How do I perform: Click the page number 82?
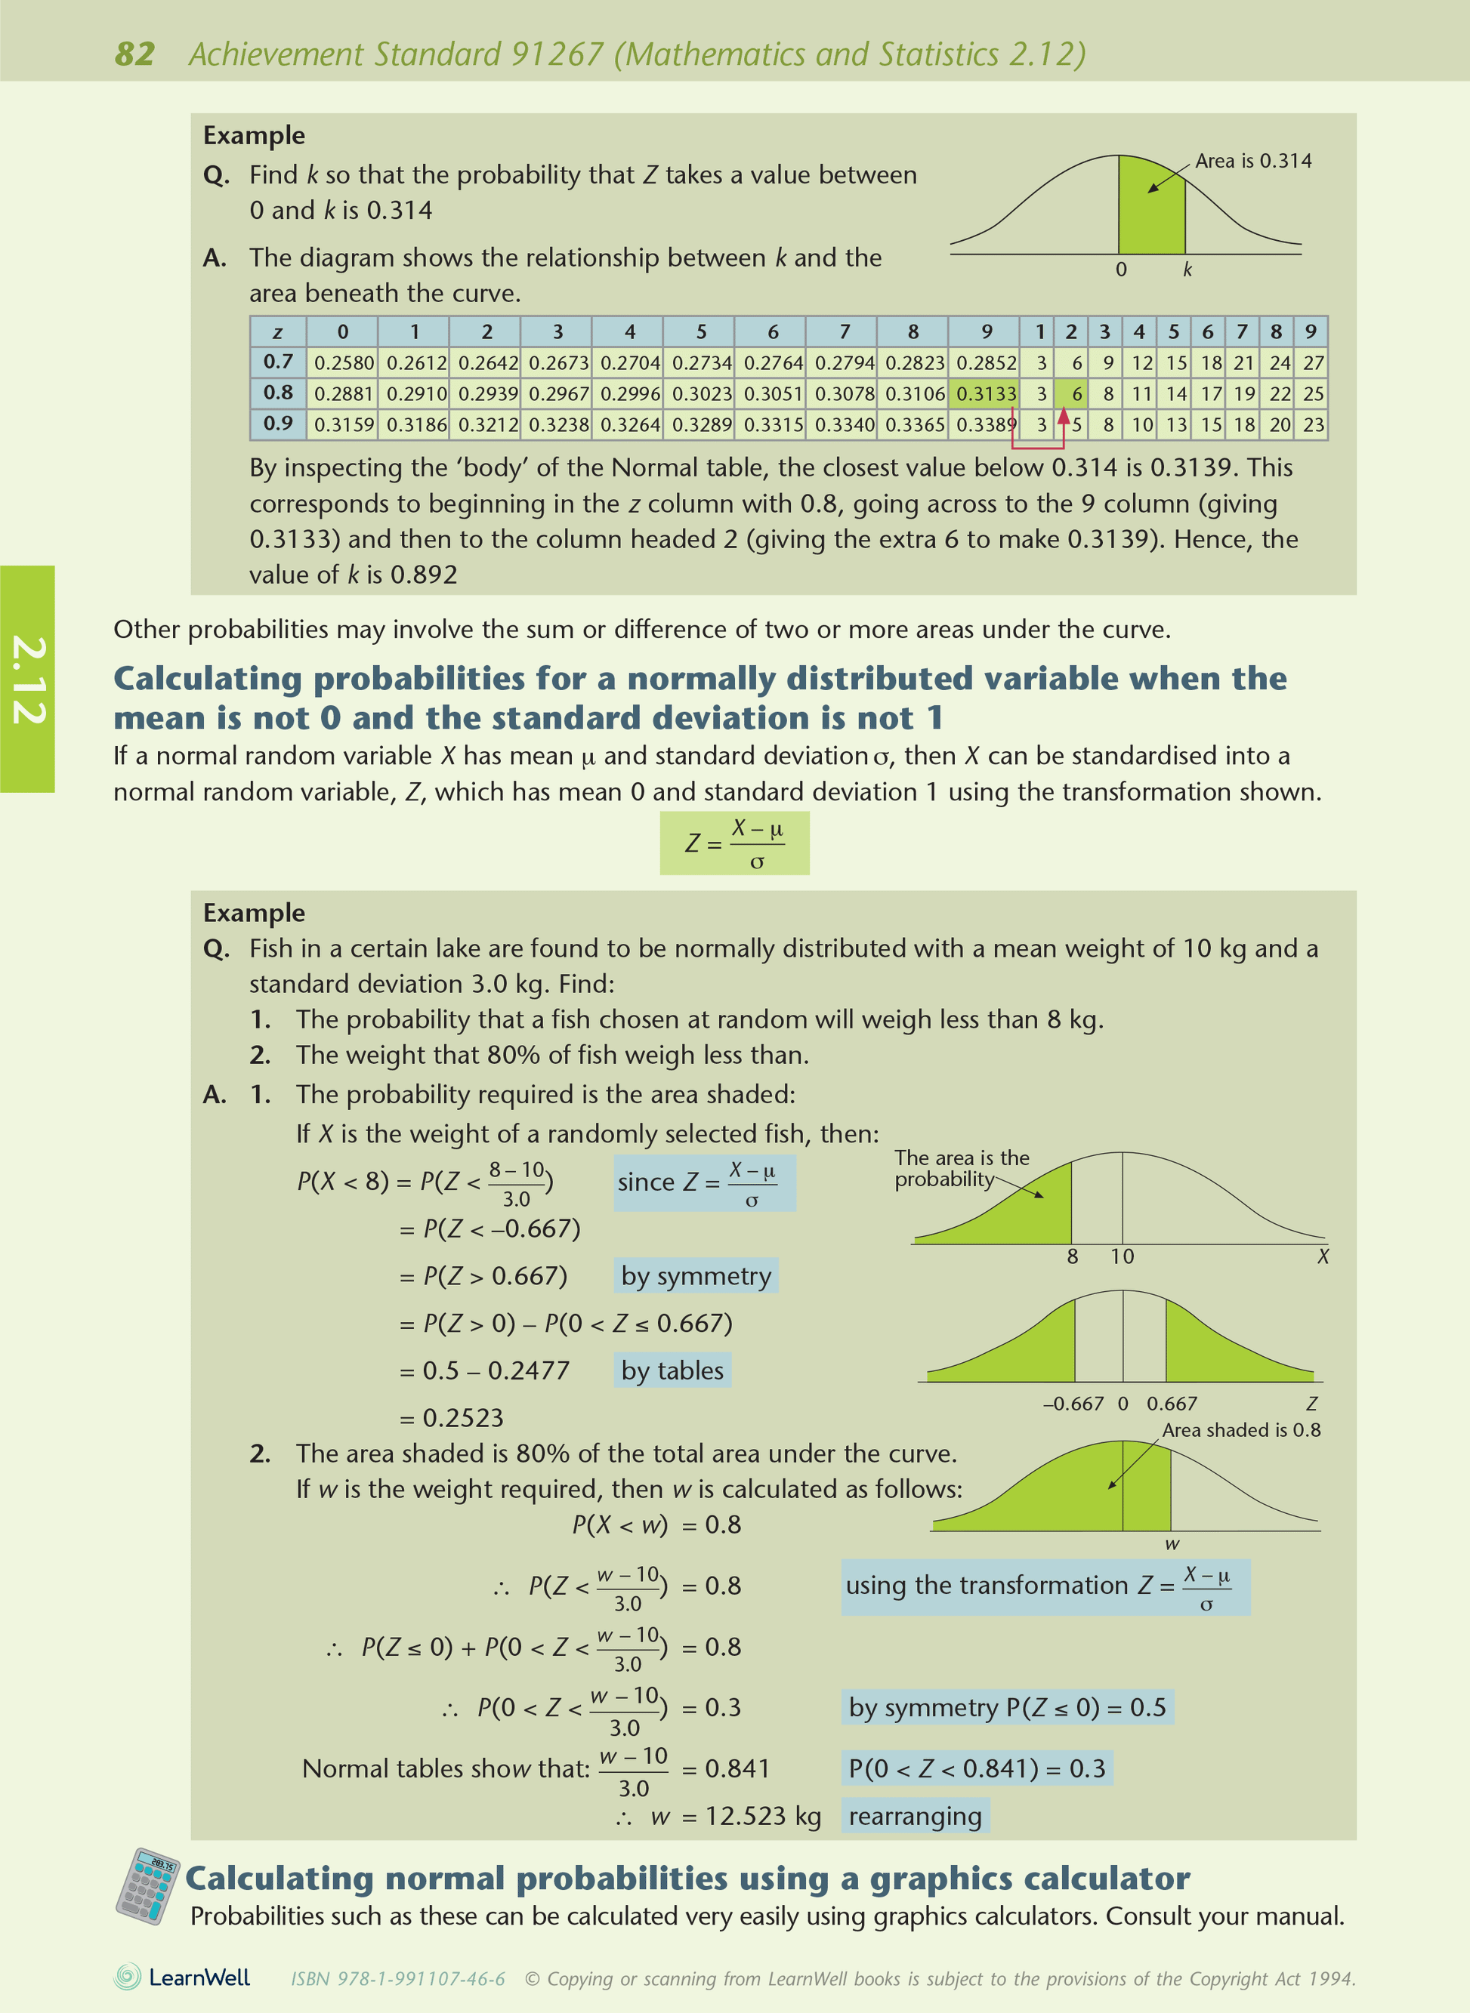click(x=134, y=54)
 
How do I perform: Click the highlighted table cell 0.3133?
click(x=985, y=393)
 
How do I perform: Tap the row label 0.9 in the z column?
click(x=278, y=424)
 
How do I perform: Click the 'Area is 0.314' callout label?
click(x=1253, y=161)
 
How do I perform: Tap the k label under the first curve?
click(x=1187, y=270)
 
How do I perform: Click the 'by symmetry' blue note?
click(x=696, y=1275)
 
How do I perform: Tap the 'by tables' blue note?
click(x=673, y=1370)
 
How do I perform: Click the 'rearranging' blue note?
click(x=915, y=1815)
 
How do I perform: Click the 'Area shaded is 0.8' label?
click(x=1241, y=1429)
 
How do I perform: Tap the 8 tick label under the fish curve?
click(x=1072, y=1256)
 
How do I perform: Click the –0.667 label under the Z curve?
click(x=1074, y=1404)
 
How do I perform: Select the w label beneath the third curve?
click(x=1172, y=1544)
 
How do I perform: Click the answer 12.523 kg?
click(x=763, y=1815)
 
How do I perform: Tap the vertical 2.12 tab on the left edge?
click(x=28, y=679)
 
